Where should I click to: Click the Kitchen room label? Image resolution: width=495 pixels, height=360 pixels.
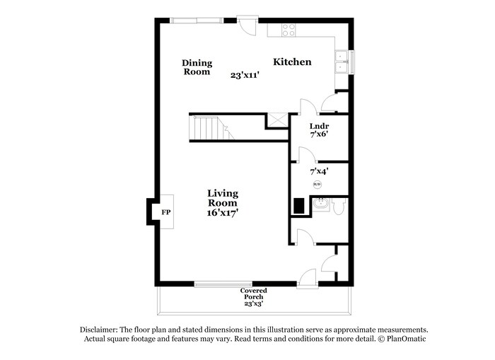292,62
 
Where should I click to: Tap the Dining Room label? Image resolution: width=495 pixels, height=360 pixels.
197,67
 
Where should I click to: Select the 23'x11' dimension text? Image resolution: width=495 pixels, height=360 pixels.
244,74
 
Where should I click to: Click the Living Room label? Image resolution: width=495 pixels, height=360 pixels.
222,198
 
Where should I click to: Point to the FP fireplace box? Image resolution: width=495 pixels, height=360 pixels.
165,212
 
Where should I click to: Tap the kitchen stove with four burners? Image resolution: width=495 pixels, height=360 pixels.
289,29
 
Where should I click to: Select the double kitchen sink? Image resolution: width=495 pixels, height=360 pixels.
342,62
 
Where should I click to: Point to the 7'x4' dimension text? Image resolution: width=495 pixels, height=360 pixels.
319,171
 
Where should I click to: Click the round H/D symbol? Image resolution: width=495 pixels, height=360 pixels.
317,185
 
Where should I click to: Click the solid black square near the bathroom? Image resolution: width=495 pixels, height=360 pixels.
300,206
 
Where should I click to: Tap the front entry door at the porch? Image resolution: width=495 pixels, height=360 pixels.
308,279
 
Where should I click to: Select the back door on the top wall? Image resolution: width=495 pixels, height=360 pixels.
247,25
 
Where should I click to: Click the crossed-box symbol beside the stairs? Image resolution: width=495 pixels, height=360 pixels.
276,120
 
